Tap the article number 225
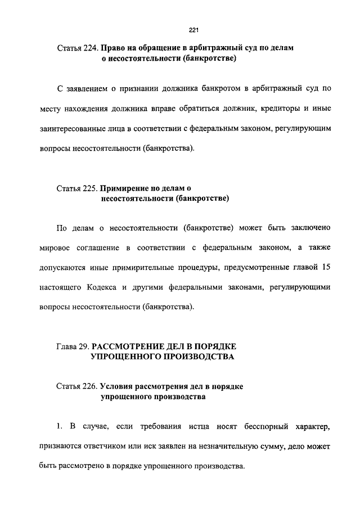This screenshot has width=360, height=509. [x=89, y=188]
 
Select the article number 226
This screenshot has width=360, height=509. [x=89, y=387]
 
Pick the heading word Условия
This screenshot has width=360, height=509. [x=119, y=387]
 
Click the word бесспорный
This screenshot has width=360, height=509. [x=265, y=427]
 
